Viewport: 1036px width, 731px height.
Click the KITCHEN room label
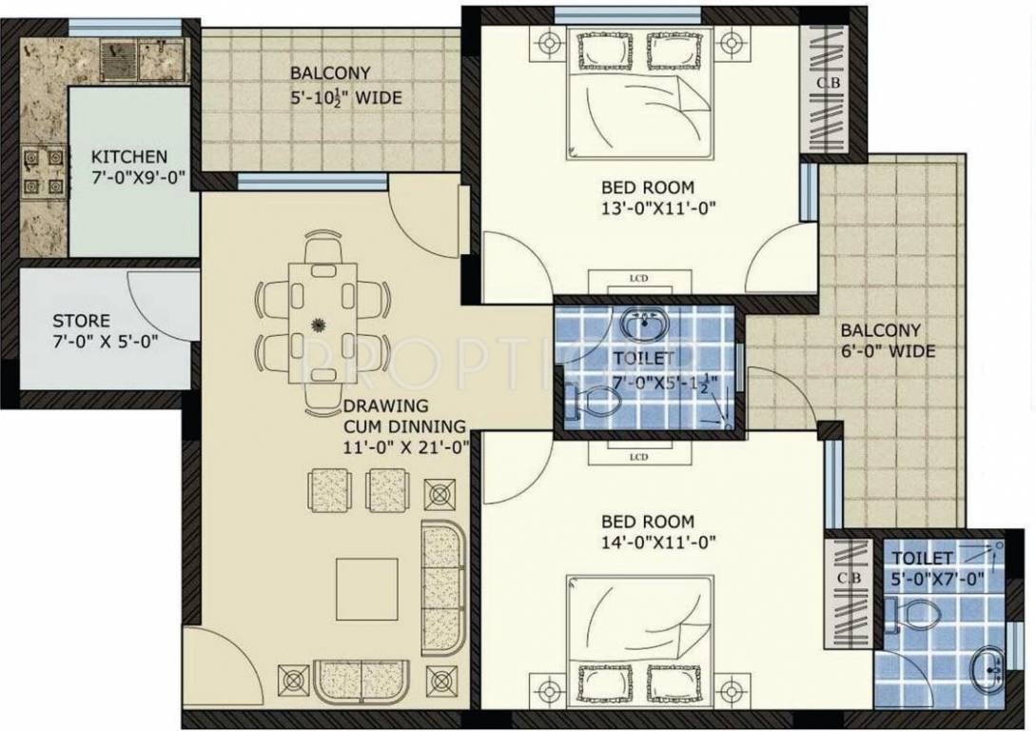[129, 157]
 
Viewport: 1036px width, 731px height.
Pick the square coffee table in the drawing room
[366, 589]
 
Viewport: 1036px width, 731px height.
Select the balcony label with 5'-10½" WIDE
[346, 97]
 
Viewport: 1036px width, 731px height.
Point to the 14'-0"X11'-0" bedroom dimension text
[658, 543]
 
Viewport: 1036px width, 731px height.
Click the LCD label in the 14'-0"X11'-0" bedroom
[638, 458]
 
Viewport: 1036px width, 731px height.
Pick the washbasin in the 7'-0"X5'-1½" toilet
[646, 324]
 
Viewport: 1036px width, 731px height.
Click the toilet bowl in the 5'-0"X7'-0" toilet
[909, 617]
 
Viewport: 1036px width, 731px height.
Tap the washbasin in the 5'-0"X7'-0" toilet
[988, 672]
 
